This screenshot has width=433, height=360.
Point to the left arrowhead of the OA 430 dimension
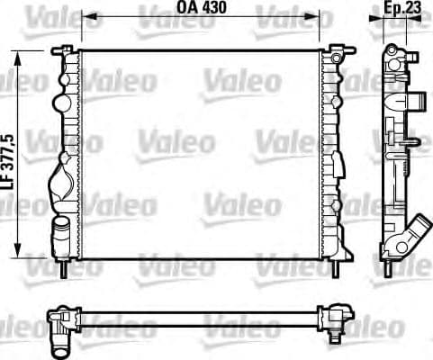click(84, 14)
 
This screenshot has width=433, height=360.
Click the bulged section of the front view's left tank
click(61, 184)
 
